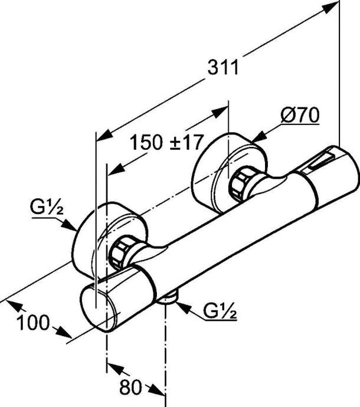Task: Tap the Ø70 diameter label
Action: tap(300, 116)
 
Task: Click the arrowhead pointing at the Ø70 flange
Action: tap(258, 137)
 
